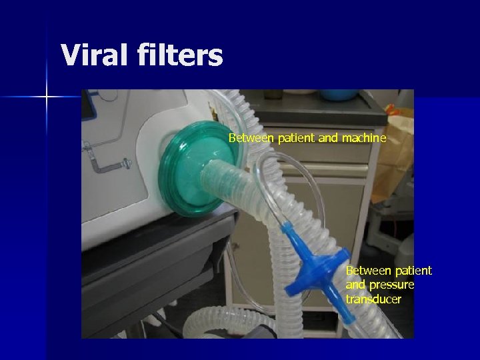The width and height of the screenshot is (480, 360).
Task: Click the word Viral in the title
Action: point(94,55)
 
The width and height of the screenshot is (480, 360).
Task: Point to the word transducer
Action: point(373,299)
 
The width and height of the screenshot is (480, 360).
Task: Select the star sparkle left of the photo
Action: point(47,97)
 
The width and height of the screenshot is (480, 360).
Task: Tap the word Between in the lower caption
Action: point(367,270)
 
